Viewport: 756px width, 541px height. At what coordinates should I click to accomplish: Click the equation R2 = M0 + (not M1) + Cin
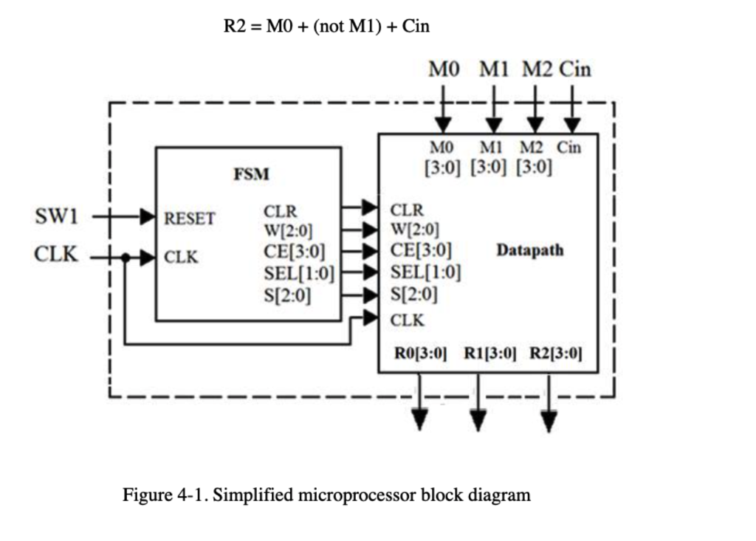tap(326, 27)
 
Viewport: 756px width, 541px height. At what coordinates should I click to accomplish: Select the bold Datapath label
tap(529, 250)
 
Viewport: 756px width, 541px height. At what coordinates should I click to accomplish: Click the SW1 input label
tap(56, 216)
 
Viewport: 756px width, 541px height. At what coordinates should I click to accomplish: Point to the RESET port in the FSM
tap(189, 218)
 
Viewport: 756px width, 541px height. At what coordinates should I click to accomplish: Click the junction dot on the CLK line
tap(126, 258)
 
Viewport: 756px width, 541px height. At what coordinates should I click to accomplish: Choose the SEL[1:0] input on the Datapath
tap(425, 273)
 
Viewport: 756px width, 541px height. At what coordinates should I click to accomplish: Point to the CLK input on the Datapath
tap(408, 320)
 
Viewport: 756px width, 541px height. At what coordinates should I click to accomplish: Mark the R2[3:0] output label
tap(556, 353)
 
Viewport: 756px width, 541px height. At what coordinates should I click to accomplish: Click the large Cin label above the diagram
tap(574, 70)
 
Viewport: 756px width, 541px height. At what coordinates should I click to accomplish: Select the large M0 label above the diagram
tap(444, 70)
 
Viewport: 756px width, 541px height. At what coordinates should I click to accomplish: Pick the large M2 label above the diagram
tap(537, 70)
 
